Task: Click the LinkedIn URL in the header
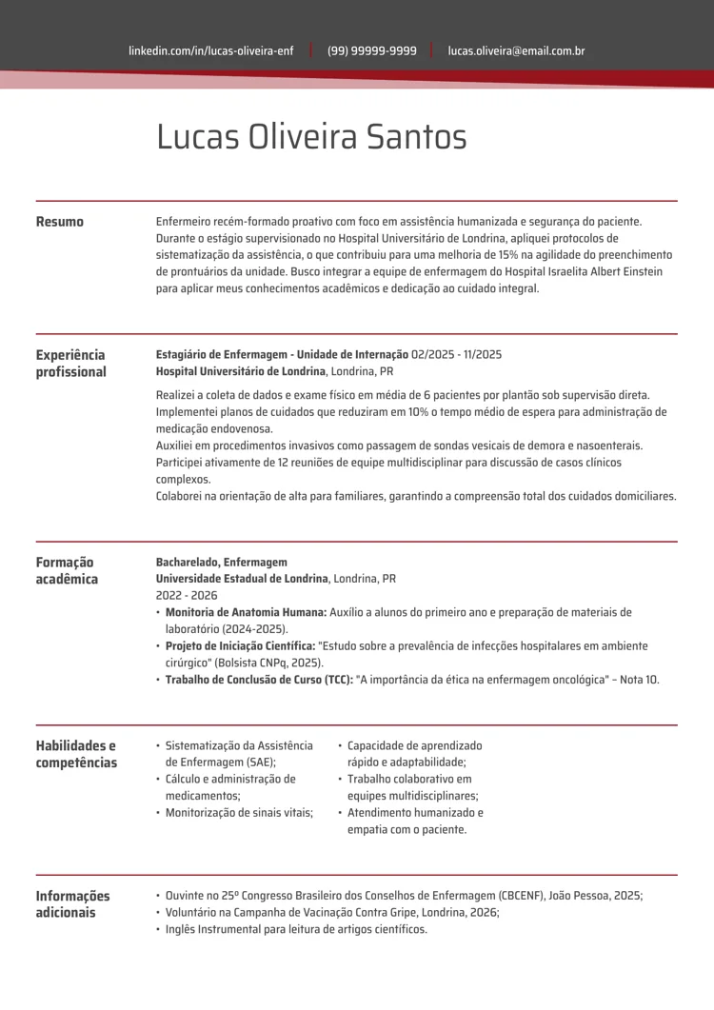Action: click(210, 50)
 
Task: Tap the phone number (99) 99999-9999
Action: click(371, 50)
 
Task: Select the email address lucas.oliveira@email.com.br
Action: click(516, 50)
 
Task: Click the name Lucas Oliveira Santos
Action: click(311, 138)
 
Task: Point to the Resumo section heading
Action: click(59, 222)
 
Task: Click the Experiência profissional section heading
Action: click(70, 364)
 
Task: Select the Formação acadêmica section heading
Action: click(66, 570)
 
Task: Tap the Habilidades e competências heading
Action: click(75, 754)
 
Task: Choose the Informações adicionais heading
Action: click(72, 904)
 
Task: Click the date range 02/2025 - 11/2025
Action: click(456, 354)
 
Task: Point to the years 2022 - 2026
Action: click(187, 595)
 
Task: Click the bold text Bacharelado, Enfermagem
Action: click(221, 562)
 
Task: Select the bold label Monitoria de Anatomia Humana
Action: click(246, 612)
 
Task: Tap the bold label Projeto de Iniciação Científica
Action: click(240, 645)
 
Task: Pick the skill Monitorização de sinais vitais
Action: click(238, 812)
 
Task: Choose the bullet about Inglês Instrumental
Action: click(295, 929)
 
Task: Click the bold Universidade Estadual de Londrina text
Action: click(242, 578)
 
